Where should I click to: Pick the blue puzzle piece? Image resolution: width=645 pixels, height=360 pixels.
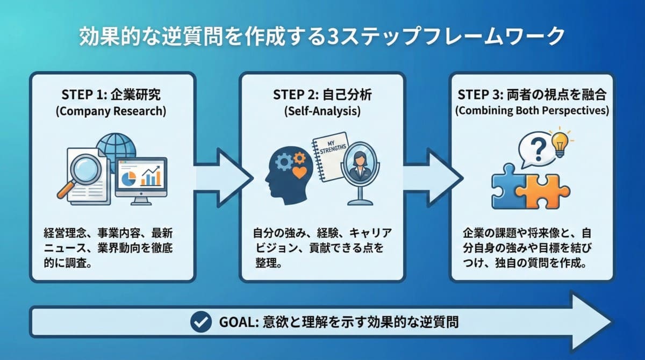pos(508,186)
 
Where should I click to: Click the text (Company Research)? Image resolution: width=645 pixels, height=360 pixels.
pos(111,112)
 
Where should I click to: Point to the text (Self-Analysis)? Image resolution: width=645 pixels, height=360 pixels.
pos(322,112)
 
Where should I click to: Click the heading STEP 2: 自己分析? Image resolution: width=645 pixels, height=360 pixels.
pos(322,95)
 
